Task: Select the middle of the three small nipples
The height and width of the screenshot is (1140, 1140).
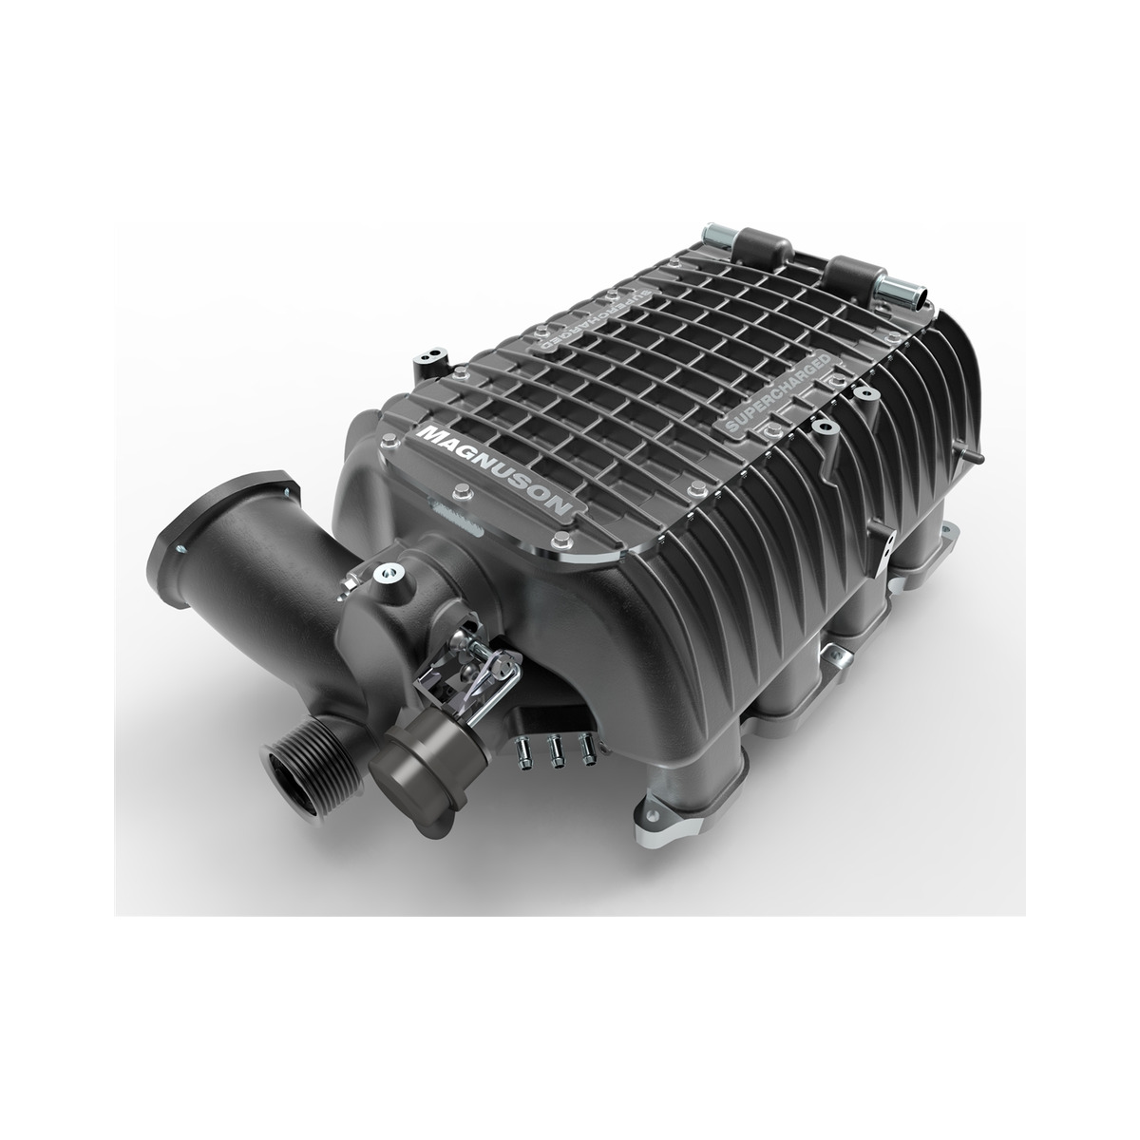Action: tap(555, 750)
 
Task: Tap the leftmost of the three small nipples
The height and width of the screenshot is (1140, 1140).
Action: tap(522, 752)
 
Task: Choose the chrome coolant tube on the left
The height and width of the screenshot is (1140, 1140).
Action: tap(717, 239)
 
